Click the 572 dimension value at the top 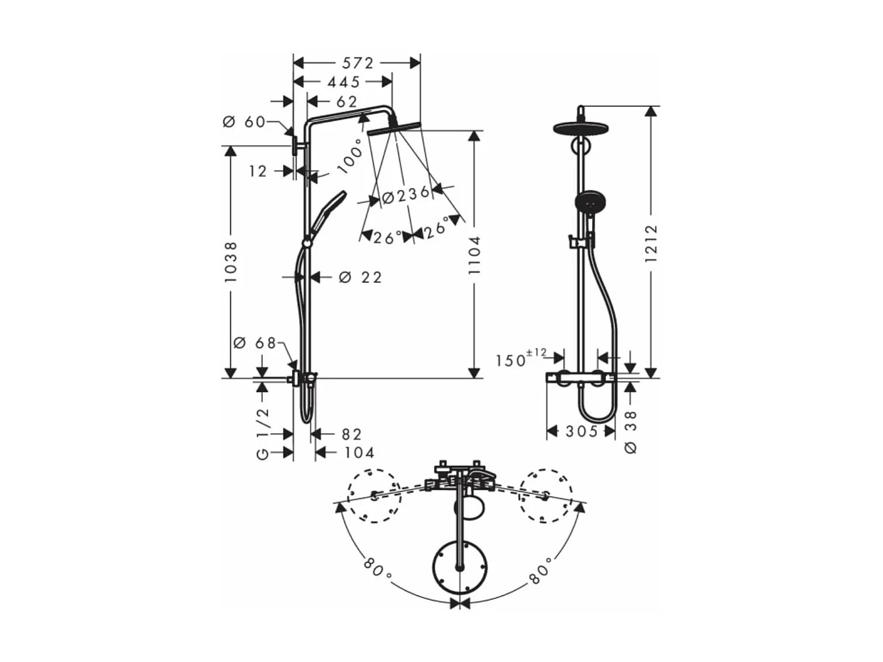click(357, 63)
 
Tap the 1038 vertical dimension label click(231, 262)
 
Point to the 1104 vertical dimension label click(475, 255)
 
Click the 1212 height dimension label click(651, 243)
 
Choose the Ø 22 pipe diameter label click(360, 277)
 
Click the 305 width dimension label click(582, 431)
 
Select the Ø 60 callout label click(244, 122)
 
